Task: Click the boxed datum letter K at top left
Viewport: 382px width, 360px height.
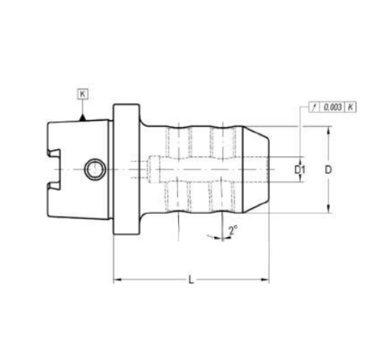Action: pos(83,94)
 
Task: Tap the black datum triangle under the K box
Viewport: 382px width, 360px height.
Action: pos(83,118)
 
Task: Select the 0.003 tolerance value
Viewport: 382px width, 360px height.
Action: pos(332,107)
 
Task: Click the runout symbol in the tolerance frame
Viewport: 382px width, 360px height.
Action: pos(314,107)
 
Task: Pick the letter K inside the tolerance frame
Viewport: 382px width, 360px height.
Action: pos(350,107)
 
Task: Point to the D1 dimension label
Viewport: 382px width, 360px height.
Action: pos(299,170)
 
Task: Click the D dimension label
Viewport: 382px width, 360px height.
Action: pos(328,170)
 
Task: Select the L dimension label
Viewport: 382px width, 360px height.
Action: pos(191,280)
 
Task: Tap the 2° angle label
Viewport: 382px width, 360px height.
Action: pos(233,230)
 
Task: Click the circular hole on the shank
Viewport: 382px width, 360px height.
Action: pos(95,170)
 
